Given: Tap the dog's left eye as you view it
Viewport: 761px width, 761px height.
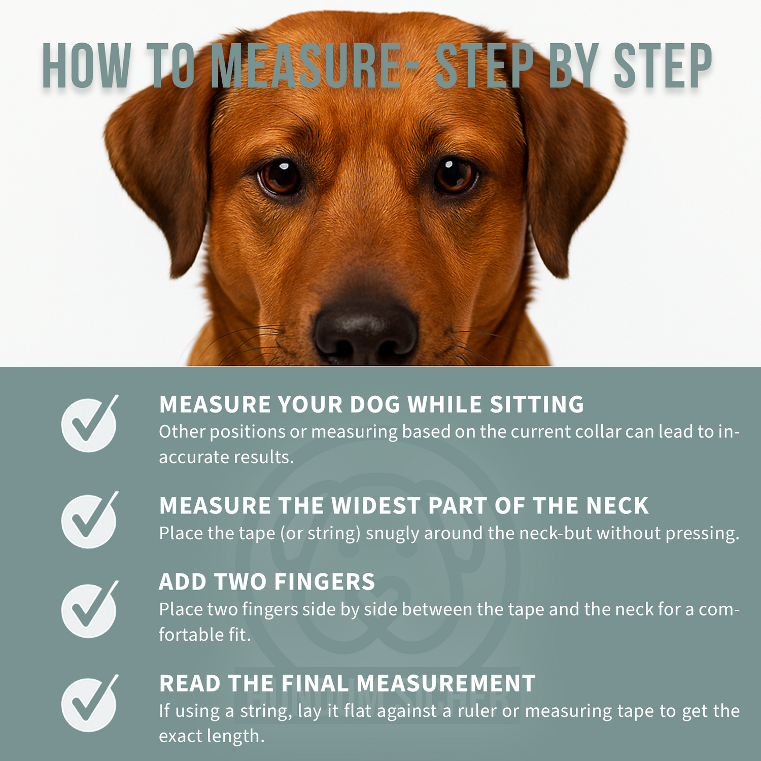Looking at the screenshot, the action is coord(280,178).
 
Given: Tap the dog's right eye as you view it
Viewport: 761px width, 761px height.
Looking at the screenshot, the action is coord(455,176).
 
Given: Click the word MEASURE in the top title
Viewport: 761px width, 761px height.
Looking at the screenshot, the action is coord(306,66).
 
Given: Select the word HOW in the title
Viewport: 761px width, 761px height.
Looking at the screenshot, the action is coord(86,66).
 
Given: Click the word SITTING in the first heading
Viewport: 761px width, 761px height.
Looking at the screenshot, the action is coord(537,404).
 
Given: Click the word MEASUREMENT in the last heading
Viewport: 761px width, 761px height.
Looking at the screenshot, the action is coord(446,683).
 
